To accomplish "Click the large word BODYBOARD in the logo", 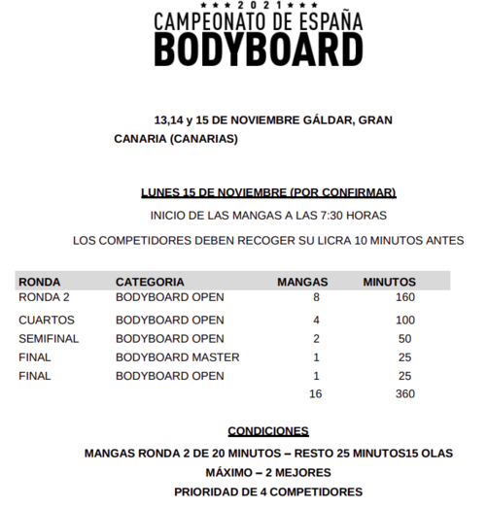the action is coord(260,51).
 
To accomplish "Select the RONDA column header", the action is coord(40,282).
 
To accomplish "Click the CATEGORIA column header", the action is coord(150,282).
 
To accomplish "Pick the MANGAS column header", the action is coord(302,282).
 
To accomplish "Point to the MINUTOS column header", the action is coord(390,282).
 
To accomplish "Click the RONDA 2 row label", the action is coord(44,297).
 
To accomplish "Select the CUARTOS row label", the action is coord(47,320).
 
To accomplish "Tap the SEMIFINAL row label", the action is coord(49,338).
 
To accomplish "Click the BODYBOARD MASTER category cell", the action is coord(178,356).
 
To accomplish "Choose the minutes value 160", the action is coord(405,297).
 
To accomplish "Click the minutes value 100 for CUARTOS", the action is coord(405,320).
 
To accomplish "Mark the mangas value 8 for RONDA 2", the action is coord(316,297).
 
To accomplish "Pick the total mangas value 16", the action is coord(315,393).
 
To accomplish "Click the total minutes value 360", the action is coord(405,393).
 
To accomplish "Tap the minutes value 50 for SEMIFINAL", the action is coord(405,338).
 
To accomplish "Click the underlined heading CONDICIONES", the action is coord(268,430).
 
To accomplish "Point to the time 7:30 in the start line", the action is coord(333,216).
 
